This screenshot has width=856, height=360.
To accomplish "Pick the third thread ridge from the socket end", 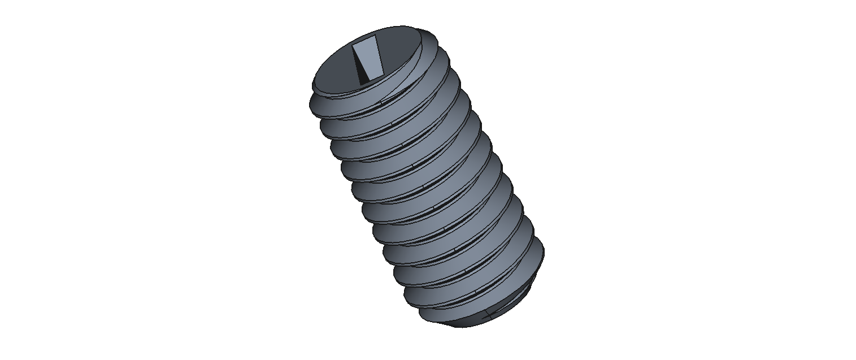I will click(x=362, y=150).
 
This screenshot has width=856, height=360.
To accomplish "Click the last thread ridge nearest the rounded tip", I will click(x=446, y=302).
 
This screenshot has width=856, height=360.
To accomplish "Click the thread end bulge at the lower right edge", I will click(x=537, y=254).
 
